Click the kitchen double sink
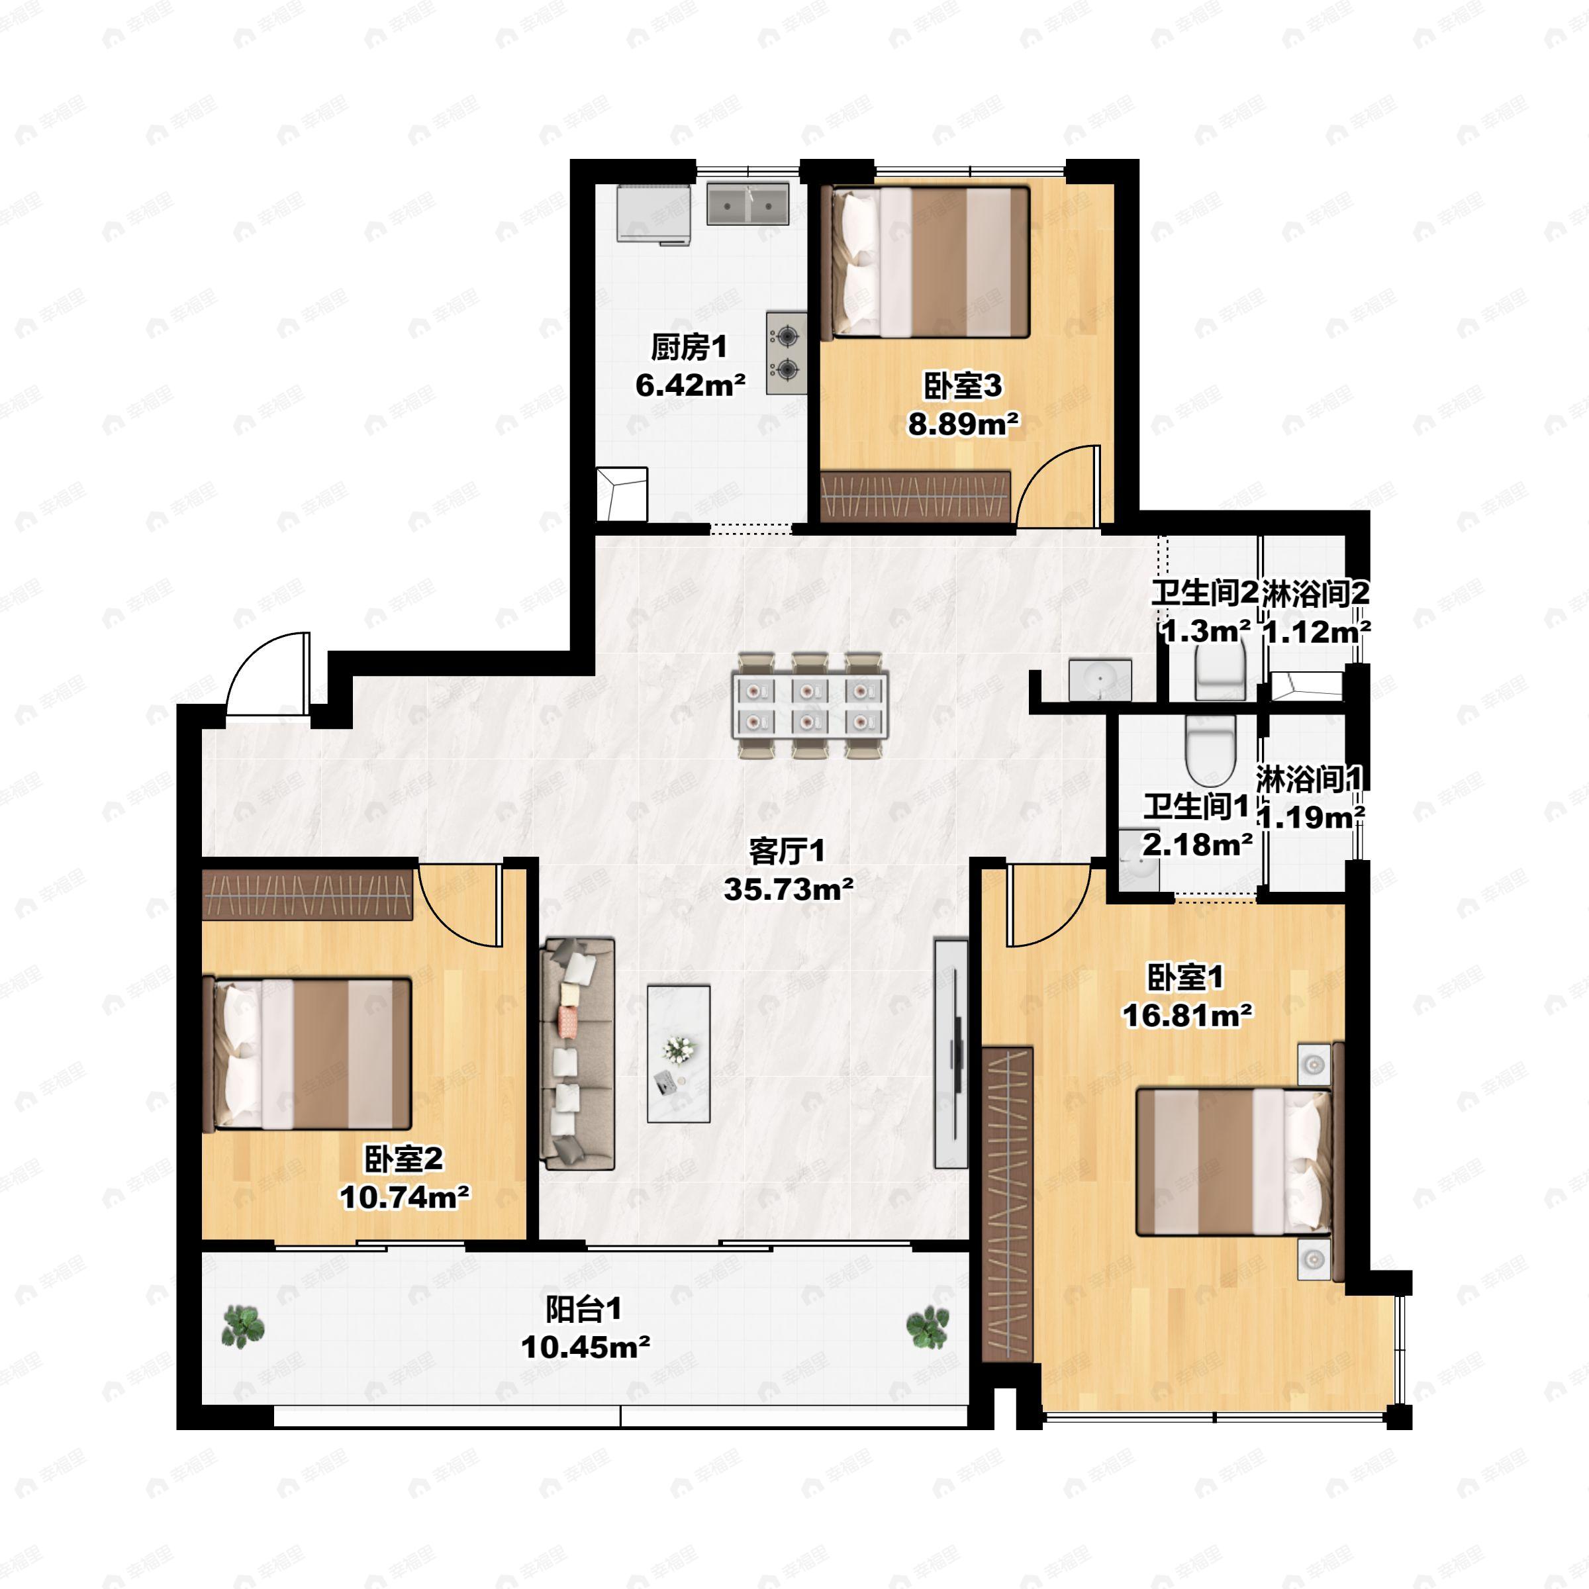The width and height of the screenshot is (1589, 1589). click(747, 204)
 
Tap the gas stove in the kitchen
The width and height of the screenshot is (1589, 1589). click(787, 352)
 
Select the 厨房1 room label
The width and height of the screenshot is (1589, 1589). click(689, 347)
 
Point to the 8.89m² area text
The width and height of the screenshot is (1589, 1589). click(963, 424)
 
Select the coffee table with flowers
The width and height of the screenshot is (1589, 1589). click(679, 1053)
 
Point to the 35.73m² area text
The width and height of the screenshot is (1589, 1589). click(788, 889)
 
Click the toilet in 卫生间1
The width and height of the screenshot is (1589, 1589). click(1210, 750)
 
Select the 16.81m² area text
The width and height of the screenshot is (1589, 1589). click(1188, 1016)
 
